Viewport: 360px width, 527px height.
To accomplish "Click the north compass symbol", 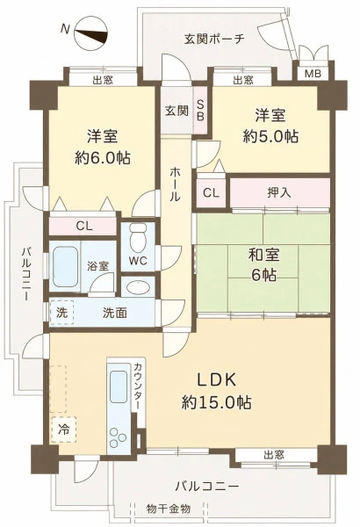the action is [x=90, y=33].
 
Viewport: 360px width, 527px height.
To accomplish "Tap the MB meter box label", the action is [x=313, y=73].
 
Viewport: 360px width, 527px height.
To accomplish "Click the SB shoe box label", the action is [x=200, y=111].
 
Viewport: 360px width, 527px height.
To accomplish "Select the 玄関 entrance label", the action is [x=176, y=111].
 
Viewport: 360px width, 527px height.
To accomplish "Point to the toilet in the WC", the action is [x=138, y=238].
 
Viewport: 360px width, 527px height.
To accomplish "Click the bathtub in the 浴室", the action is [x=65, y=266].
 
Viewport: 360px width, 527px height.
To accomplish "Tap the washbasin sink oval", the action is [x=138, y=287].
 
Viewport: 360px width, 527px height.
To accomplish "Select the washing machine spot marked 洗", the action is [x=61, y=313].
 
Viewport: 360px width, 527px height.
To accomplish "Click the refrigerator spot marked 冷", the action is [x=63, y=430].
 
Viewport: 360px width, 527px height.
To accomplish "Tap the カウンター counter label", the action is [x=138, y=386].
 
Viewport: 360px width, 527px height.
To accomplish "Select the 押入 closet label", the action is [x=278, y=192].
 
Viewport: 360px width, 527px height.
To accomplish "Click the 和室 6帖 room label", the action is [x=264, y=265].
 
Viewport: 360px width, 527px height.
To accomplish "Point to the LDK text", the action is [x=217, y=380].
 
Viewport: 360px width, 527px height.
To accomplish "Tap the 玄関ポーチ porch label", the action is [x=214, y=40].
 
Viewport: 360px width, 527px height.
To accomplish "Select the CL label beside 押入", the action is [x=211, y=193].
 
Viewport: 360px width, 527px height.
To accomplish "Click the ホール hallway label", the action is [x=175, y=184].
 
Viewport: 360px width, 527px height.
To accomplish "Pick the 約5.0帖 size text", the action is [x=270, y=137].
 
